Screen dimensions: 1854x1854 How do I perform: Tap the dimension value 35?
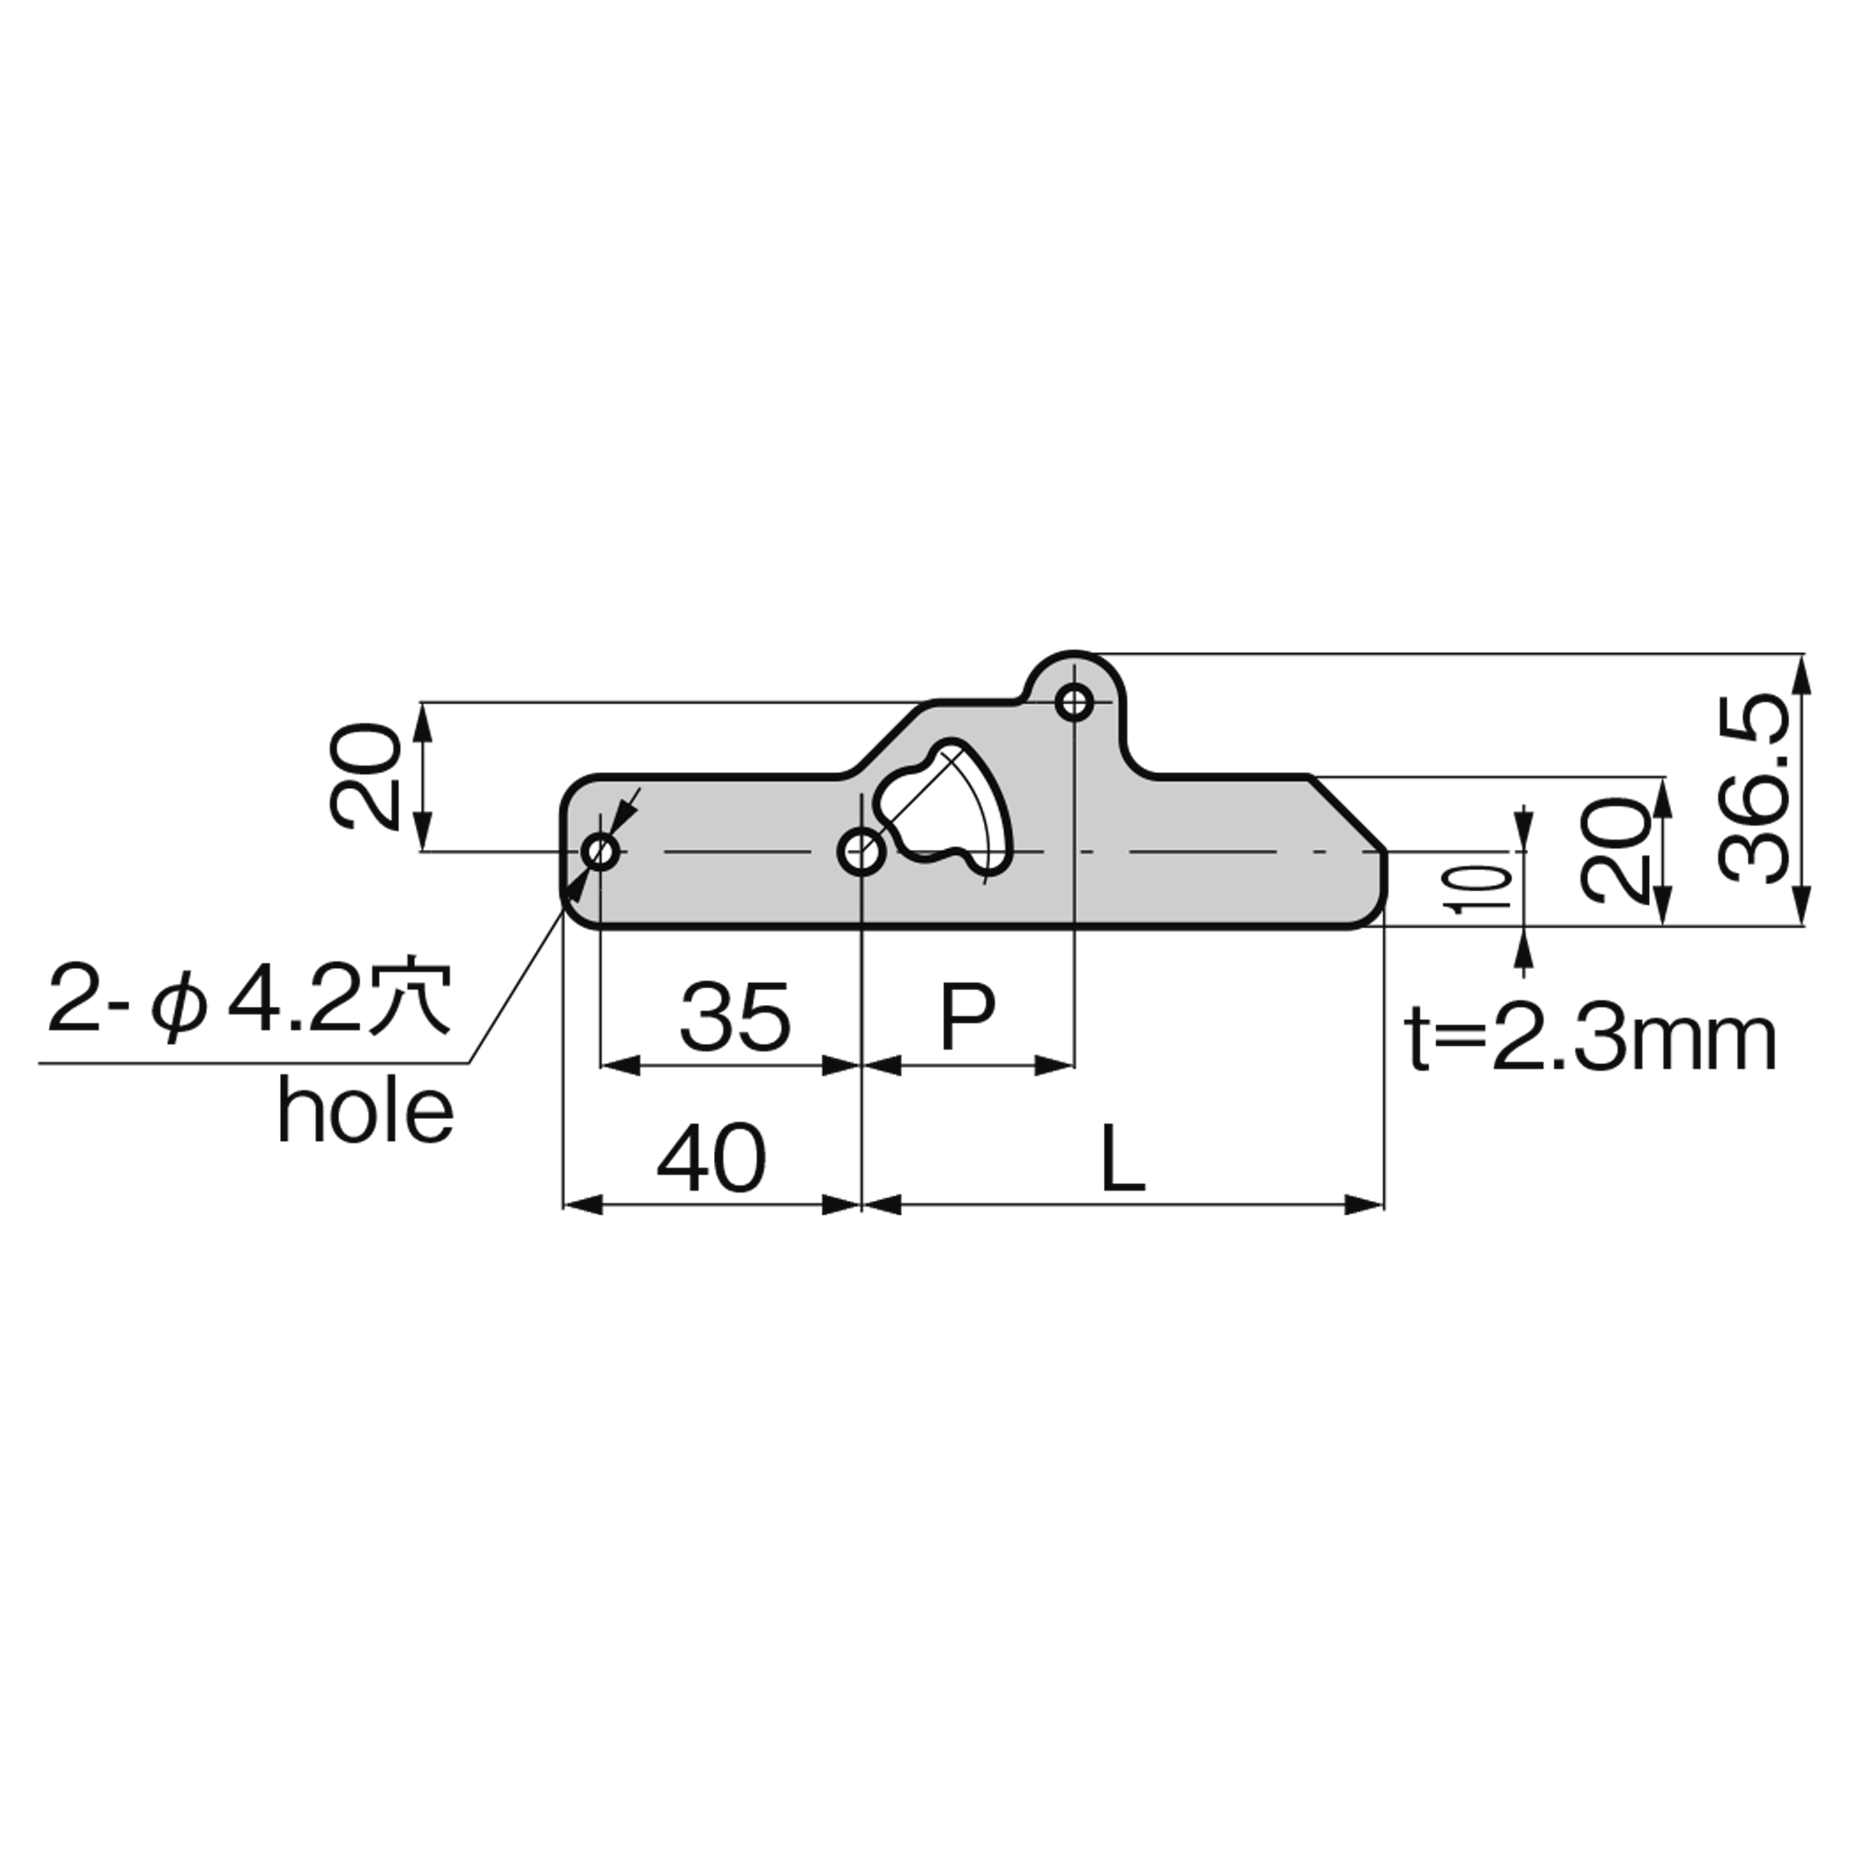tap(735, 1016)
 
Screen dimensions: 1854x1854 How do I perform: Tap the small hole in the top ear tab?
tap(1074, 703)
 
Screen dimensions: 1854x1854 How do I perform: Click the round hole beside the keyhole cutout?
tap(861, 850)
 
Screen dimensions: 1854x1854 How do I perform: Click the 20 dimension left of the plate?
tap(365, 777)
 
